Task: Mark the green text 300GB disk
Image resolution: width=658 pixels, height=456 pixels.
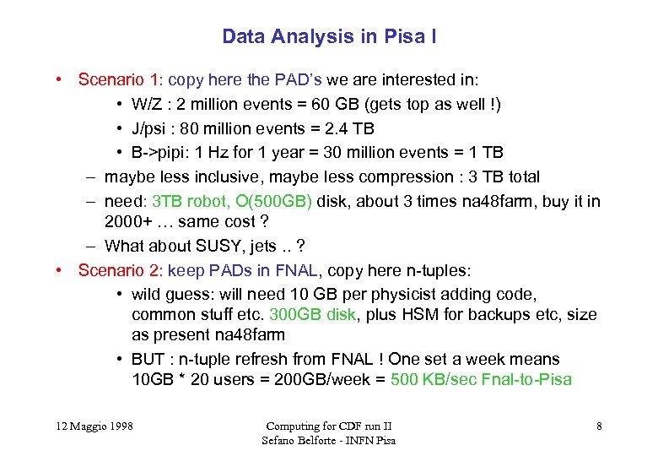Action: [313, 315]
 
